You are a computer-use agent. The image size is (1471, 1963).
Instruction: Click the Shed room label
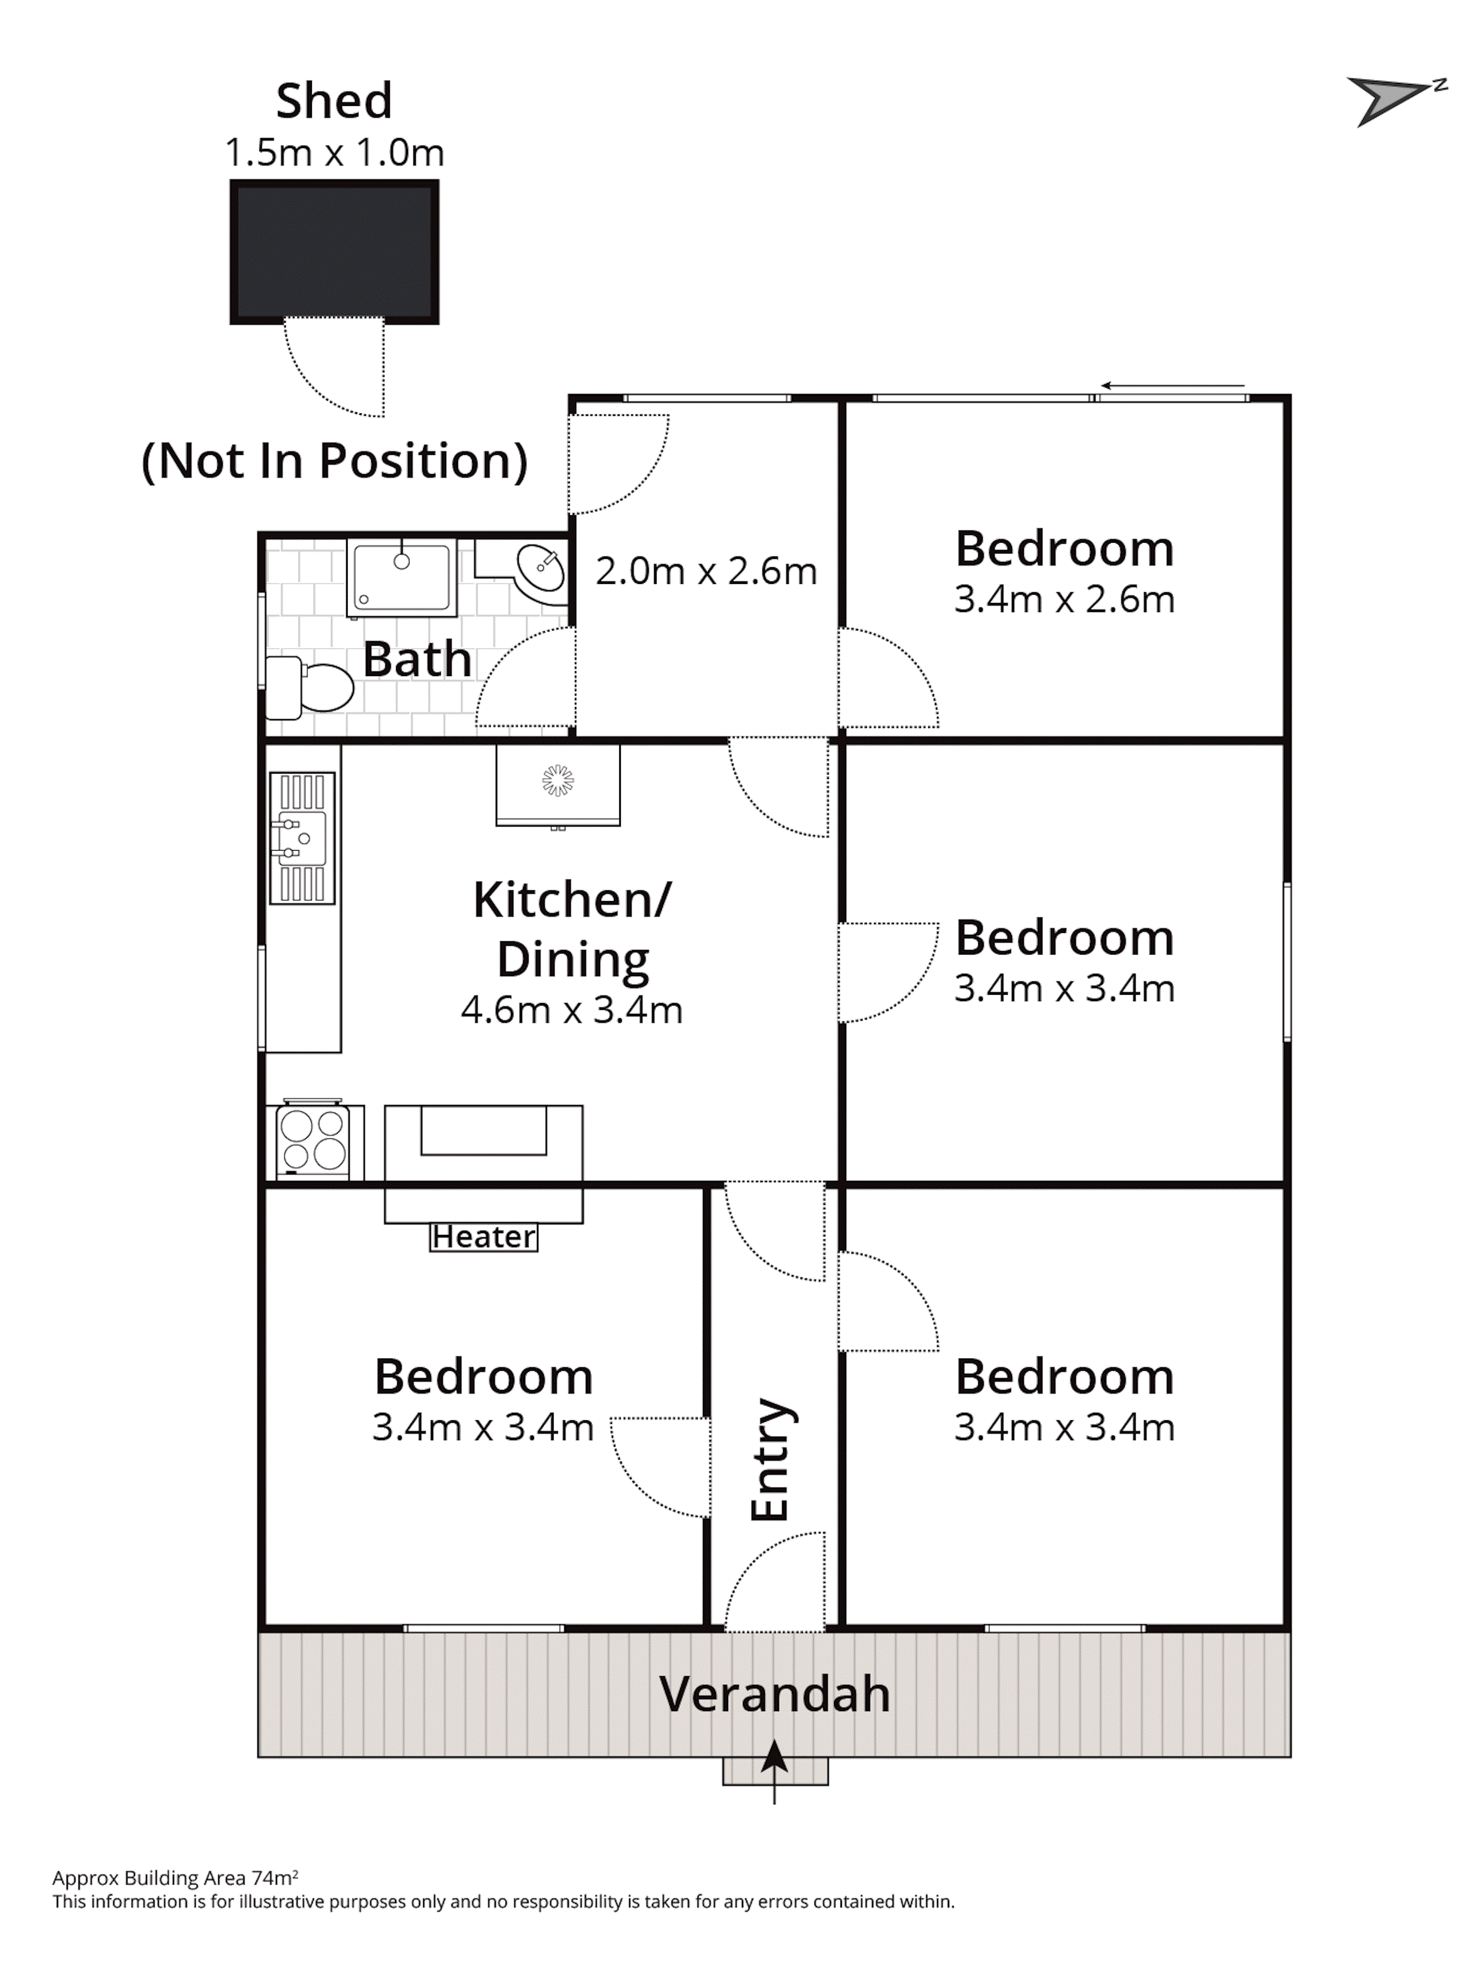334,101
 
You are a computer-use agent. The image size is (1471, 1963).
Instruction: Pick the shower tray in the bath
401,578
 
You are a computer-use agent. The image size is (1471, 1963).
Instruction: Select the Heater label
484,1236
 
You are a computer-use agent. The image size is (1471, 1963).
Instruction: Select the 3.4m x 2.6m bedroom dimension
1065,599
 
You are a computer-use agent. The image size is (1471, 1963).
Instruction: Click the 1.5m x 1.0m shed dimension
334,152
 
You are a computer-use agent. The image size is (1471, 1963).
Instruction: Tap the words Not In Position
335,461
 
